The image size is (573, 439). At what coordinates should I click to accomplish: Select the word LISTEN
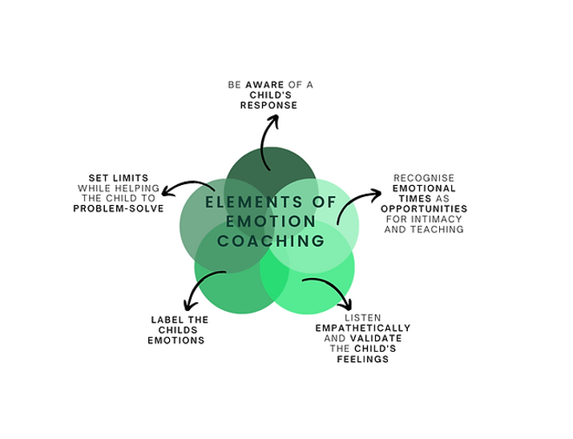click(362, 317)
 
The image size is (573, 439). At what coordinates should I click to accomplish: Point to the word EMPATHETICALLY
click(362, 328)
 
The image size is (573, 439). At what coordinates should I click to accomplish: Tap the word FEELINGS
click(362, 360)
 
